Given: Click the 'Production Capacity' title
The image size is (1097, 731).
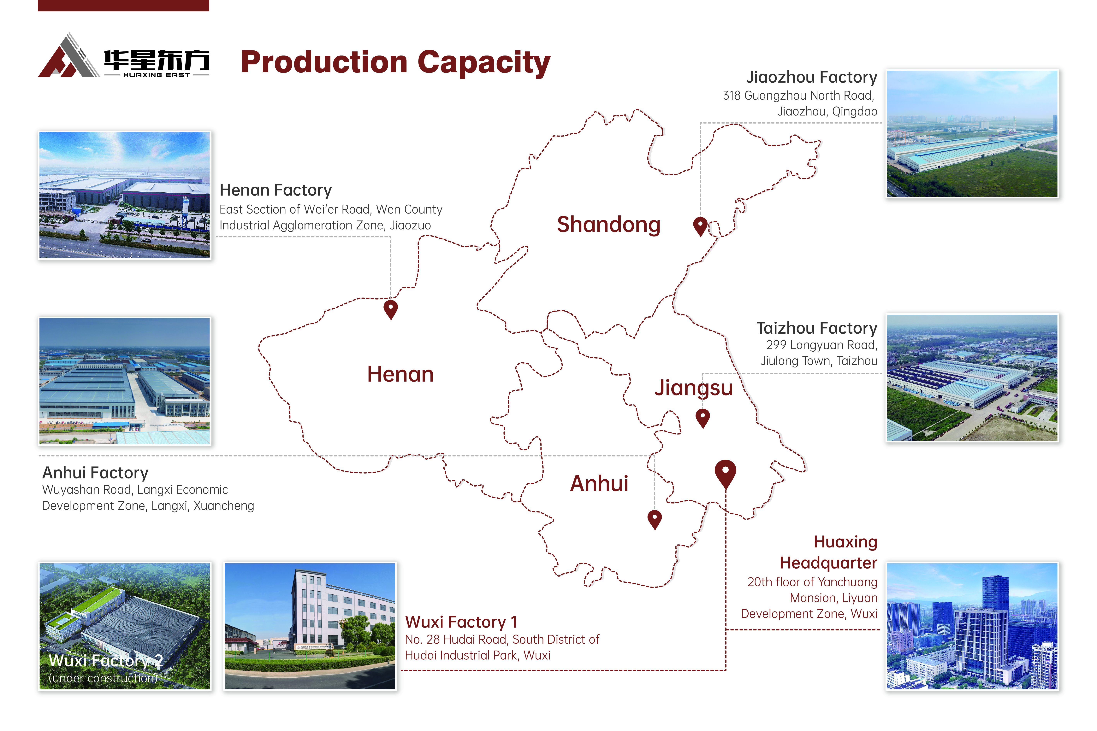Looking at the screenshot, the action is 395,62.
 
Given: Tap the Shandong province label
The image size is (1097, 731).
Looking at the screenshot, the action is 609,225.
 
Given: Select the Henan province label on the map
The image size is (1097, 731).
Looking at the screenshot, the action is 400,374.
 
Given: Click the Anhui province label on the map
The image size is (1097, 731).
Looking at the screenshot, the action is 599,483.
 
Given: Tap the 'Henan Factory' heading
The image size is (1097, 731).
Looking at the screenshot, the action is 276,190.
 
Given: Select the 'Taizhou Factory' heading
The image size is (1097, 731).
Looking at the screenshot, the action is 817,328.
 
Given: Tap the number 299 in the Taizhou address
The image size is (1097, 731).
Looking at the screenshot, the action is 776,345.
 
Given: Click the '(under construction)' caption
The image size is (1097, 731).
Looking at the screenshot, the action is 103,678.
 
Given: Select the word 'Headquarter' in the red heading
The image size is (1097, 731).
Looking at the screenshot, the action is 828,563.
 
